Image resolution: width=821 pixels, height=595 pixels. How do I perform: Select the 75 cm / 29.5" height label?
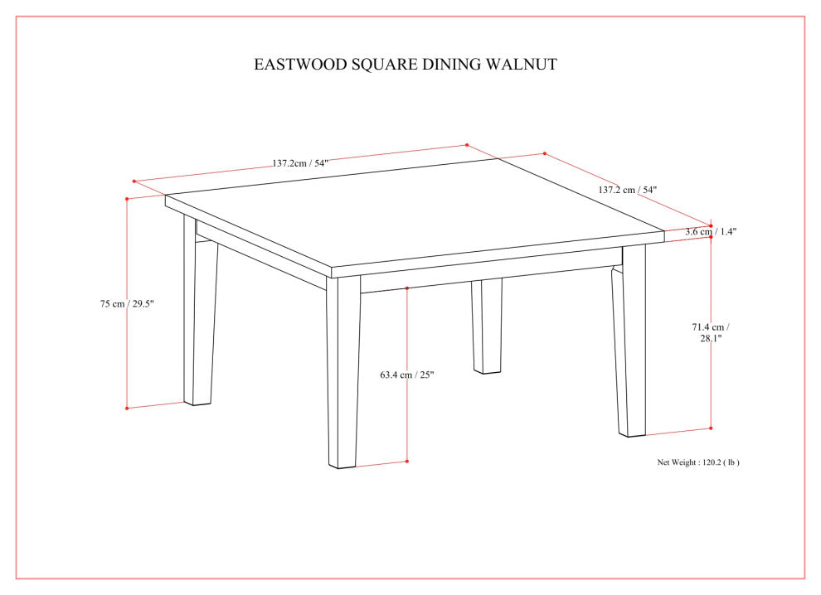(x=127, y=304)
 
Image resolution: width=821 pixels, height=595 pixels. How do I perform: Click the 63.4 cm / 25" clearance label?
(x=407, y=375)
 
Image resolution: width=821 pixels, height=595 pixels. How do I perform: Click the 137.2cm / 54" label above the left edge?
(x=300, y=163)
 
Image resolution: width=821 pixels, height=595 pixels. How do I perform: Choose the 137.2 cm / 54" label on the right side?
(x=627, y=190)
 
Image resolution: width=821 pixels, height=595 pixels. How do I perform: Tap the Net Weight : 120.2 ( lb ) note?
(x=698, y=462)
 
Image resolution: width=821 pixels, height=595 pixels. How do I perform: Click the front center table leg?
(x=343, y=373)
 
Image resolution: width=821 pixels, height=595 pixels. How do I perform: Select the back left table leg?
(x=200, y=315)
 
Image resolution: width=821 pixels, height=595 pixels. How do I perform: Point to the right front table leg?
(x=631, y=348)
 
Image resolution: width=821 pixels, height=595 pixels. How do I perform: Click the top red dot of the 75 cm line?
(x=126, y=199)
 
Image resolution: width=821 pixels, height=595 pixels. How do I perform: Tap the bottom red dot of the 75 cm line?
(x=126, y=408)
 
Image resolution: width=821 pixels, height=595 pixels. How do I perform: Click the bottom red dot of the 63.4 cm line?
(x=407, y=462)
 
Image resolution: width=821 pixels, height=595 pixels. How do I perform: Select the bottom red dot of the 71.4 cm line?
(x=711, y=428)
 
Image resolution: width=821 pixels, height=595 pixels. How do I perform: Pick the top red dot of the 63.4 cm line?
(x=407, y=288)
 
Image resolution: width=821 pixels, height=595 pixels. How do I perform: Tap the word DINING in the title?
(x=454, y=64)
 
